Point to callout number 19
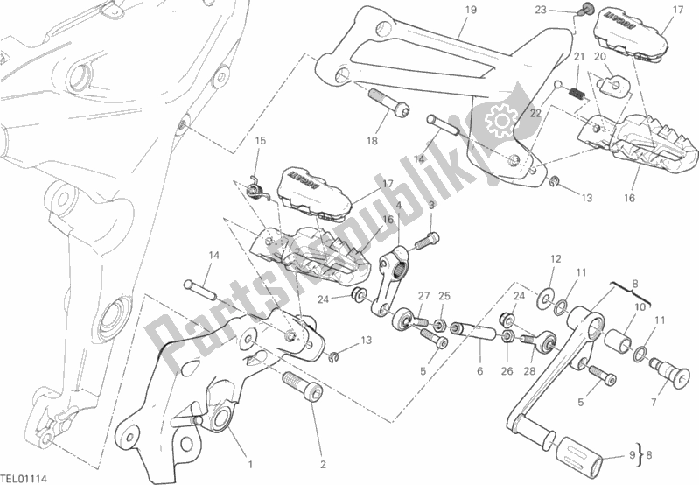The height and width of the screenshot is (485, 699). coord(471,10)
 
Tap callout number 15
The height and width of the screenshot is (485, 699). coord(260,140)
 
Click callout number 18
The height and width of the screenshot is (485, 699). coord(373,140)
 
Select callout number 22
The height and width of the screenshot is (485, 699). coord(535,113)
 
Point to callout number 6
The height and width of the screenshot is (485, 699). coord(479,371)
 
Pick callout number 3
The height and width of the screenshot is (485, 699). coord(431,204)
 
